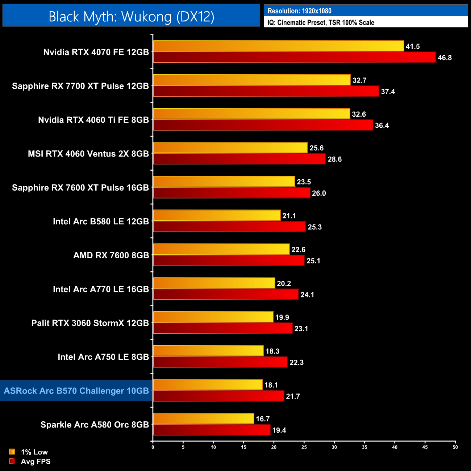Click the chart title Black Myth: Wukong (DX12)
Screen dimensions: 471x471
click(131, 16)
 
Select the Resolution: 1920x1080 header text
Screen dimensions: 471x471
click(299, 11)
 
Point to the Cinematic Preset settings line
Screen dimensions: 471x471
click(321, 22)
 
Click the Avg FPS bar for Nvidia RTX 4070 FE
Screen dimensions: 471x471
click(294, 57)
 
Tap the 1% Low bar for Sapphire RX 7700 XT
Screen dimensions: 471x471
click(252, 80)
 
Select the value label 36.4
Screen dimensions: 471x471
click(382, 125)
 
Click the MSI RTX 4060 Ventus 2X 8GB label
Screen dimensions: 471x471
click(88, 154)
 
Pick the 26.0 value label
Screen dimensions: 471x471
click(319, 193)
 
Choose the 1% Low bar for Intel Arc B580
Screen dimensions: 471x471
click(217, 216)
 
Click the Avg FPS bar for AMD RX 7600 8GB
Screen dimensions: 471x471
click(229, 260)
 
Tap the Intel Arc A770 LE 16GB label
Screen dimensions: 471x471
click(101, 289)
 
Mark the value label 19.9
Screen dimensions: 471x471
click(282, 317)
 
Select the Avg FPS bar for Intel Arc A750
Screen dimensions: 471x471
click(220, 362)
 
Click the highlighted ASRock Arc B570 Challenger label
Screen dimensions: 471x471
click(76, 391)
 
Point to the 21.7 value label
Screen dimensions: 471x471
click(293, 396)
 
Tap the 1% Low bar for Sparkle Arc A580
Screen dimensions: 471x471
click(204, 419)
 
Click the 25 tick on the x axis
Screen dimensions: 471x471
click(304, 447)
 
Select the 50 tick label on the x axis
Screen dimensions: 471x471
click(455, 447)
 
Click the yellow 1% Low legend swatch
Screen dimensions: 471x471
click(12, 452)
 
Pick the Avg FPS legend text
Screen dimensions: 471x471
click(36, 461)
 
